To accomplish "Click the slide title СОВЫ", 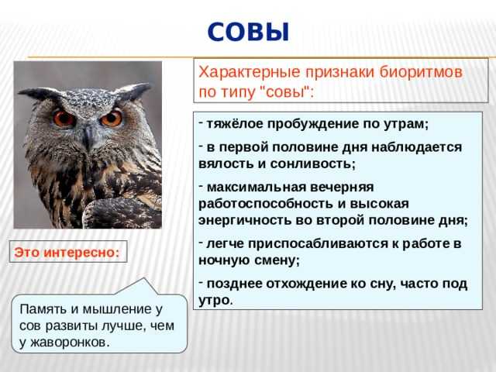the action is [x=248, y=32].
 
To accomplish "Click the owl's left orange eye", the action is [x=64, y=119].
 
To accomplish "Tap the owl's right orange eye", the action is [x=112, y=119].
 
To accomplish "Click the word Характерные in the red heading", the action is [x=249, y=72].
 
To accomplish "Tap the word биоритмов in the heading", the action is [x=421, y=72].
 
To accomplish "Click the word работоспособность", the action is [x=266, y=204].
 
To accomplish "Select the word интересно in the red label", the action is [x=81, y=253].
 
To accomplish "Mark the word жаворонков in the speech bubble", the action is [x=71, y=343].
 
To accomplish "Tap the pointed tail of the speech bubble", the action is [x=144, y=278].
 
